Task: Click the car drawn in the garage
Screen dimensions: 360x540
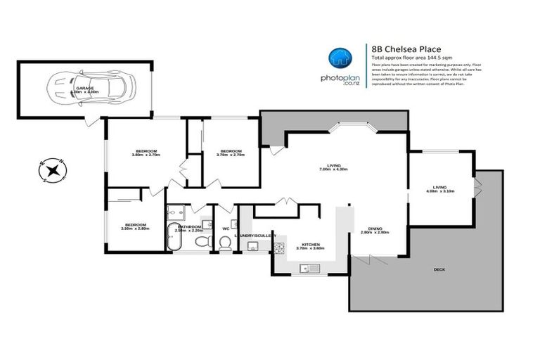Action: tap(89, 89)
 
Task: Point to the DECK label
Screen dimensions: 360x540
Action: tap(439, 269)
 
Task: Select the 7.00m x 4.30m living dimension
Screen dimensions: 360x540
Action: tap(333, 169)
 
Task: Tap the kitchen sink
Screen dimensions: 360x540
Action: tap(309, 268)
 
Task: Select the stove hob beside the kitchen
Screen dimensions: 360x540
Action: tap(278, 247)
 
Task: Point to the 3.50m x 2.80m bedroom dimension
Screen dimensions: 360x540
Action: tap(136, 228)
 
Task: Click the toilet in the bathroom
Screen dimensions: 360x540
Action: tap(201, 242)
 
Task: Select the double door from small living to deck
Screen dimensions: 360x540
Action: tap(477, 188)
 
